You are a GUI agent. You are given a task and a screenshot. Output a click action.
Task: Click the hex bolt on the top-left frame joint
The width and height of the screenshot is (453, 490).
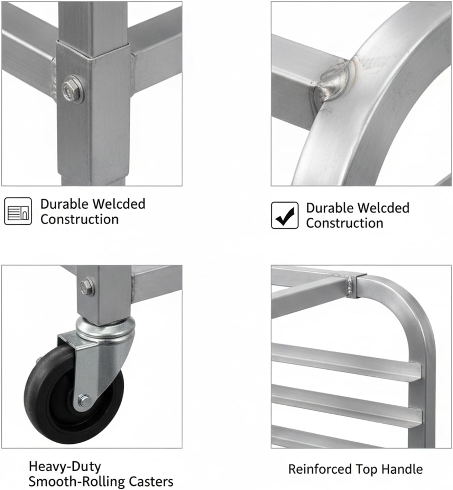pos(73,89)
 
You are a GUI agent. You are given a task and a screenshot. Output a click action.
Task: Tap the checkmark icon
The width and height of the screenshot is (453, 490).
pos(285,215)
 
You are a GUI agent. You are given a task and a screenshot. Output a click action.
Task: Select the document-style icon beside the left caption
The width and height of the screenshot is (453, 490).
pos(18,211)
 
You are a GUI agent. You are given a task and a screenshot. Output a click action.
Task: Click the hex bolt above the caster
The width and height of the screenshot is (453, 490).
pos(87,286)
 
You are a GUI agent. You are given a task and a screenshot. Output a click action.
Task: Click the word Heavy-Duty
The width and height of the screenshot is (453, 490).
pos(65,467)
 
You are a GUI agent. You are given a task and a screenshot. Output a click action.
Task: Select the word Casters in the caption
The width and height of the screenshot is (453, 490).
pos(151,481)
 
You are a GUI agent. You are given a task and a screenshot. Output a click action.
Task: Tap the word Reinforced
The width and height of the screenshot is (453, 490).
pos(320,469)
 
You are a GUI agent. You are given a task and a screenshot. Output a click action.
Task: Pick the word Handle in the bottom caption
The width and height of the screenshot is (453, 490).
pos(402,469)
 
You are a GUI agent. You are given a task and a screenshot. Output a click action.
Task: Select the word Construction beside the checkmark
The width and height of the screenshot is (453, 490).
pos(344,223)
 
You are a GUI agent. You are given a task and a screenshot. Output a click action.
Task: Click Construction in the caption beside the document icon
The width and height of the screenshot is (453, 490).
pos(80,219)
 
